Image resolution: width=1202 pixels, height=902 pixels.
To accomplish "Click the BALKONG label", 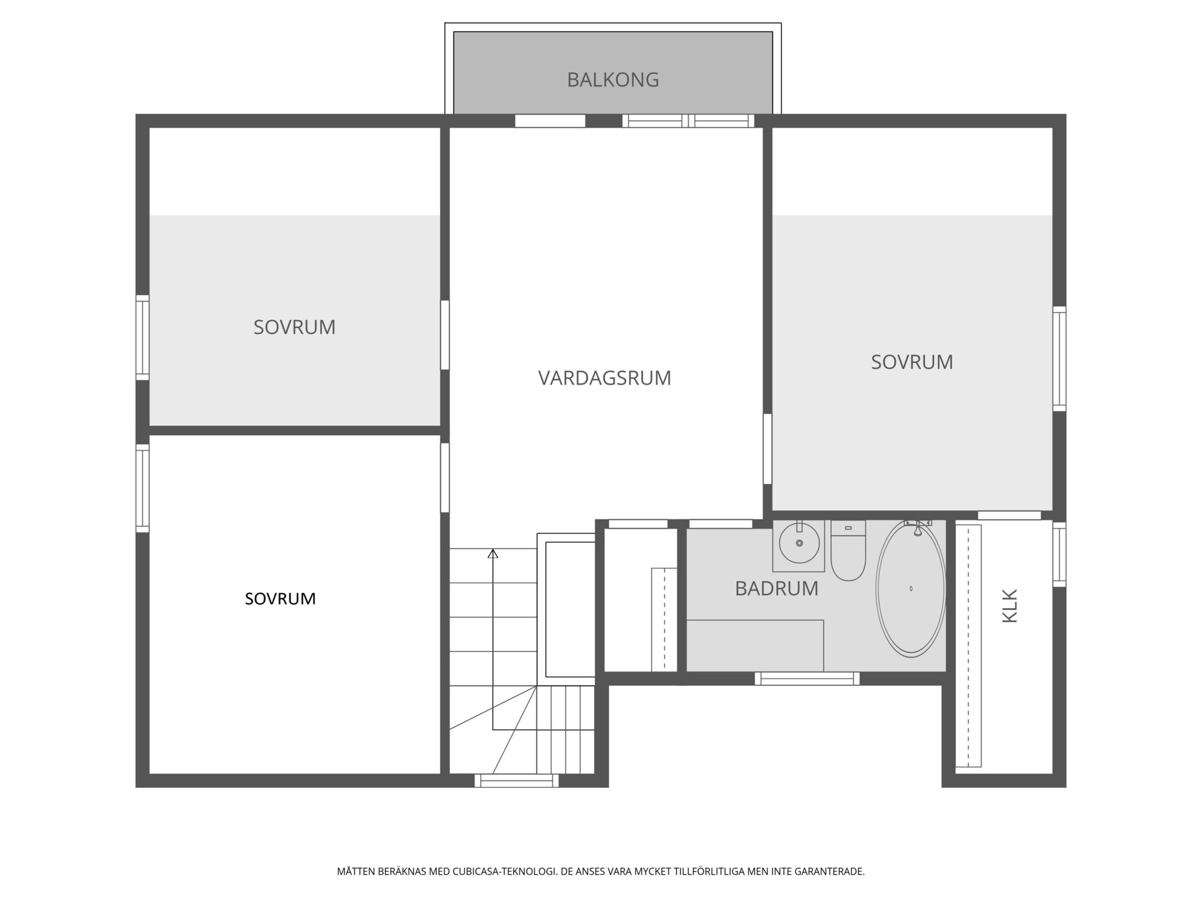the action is pyautogui.click(x=613, y=80).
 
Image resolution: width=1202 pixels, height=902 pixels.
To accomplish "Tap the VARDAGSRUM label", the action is pyautogui.click(x=605, y=378).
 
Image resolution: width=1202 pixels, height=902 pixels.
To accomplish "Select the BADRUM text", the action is pyautogui.click(x=776, y=588).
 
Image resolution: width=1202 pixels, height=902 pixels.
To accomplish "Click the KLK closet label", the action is pyautogui.click(x=1010, y=606).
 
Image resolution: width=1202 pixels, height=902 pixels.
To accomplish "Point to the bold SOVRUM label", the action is pyautogui.click(x=280, y=599).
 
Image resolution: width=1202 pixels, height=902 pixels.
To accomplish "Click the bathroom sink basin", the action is pyautogui.click(x=799, y=543).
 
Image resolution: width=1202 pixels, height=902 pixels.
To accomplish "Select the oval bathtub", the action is pyautogui.click(x=910, y=589).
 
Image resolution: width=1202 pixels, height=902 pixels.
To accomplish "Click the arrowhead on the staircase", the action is pyautogui.click(x=493, y=554).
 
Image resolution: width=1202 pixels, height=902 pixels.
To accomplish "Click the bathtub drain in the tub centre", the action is pyautogui.click(x=911, y=589).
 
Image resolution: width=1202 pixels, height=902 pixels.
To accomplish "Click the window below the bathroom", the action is pyautogui.click(x=807, y=678).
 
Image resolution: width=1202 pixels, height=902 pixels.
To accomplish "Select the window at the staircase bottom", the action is pyautogui.click(x=516, y=780).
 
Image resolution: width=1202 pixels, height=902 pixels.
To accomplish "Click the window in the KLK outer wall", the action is pyautogui.click(x=1059, y=554).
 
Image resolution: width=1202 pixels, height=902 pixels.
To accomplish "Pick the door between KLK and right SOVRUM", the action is pyautogui.click(x=1009, y=516).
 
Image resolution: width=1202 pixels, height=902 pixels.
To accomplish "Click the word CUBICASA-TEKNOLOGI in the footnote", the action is pyautogui.click(x=505, y=871).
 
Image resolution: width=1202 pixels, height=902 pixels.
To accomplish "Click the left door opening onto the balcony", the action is pyautogui.click(x=550, y=121).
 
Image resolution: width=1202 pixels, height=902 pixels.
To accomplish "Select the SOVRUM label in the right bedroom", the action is pyautogui.click(x=912, y=362).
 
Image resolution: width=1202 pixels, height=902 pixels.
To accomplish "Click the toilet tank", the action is pyautogui.click(x=848, y=528).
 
